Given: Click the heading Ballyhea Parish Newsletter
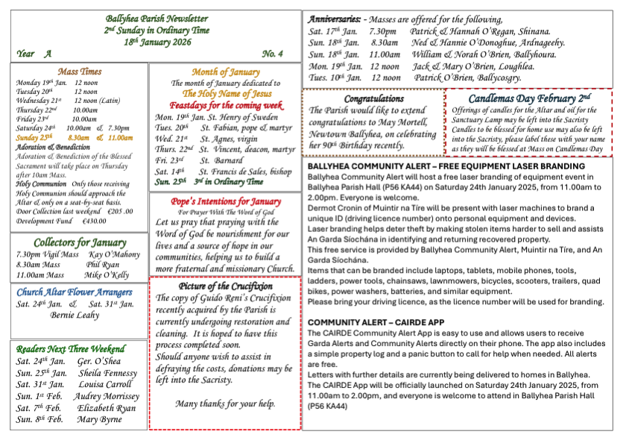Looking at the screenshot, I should (x=156, y=18).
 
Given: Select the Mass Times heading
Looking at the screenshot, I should (x=80, y=71).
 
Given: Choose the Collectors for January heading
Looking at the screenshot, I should (x=80, y=242).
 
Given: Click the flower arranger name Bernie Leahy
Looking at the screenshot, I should (x=75, y=315).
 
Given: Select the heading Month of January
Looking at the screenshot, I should (x=226, y=72).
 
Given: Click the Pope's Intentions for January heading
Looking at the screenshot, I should (x=225, y=201).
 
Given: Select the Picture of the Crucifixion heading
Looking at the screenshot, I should (x=226, y=286).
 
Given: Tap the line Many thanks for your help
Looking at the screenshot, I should (x=225, y=404).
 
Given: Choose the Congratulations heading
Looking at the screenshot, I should (x=374, y=98).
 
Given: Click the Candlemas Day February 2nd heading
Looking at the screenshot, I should (x=529, y=98).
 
